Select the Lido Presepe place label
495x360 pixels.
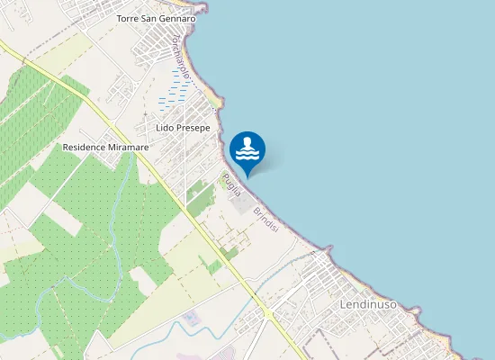pos(183,129)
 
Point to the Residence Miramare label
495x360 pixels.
pos(105,147)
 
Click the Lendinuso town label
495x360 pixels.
pos(369,305)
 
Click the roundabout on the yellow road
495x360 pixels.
pos(268,314)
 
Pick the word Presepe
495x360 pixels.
pos(193,129)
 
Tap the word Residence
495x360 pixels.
pos(83,147)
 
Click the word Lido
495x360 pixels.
pos(165,129)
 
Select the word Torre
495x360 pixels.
pos(129,18)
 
